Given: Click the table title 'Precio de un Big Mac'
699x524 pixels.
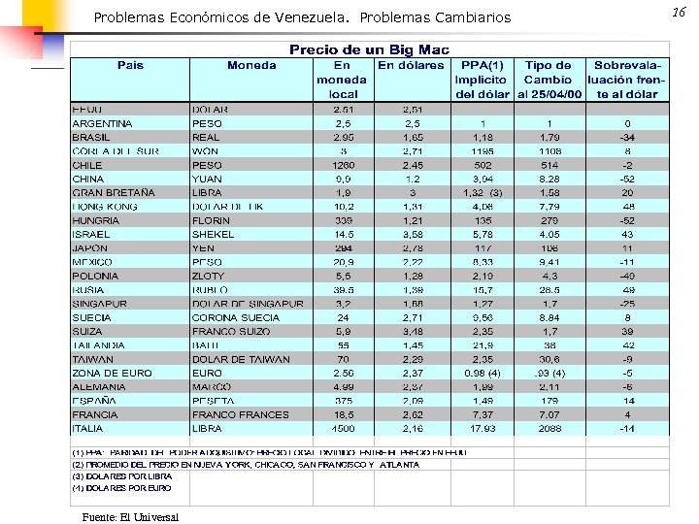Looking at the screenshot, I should (369, 49).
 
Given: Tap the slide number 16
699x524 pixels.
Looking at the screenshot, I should (678, 11).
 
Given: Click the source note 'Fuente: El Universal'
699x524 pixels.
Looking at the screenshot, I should (123, 516).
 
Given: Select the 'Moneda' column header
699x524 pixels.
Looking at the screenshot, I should (251, 65).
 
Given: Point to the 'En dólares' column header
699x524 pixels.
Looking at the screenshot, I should (411, 65).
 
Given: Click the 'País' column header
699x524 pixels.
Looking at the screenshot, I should (130, 65).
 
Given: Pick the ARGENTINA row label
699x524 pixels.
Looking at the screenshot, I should (102, 124).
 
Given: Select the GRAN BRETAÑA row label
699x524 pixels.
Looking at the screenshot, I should (114, 193).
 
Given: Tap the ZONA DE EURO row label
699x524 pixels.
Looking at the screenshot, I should (112, 373).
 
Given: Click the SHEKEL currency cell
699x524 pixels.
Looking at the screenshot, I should (213, 234).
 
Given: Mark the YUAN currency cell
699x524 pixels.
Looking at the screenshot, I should (207, 180).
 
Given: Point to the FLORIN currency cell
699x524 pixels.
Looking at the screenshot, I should (211, 220).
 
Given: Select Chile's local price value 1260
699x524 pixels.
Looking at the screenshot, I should (344, 165).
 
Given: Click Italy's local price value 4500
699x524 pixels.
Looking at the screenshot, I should (344, 428).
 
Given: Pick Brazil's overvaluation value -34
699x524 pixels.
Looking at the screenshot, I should (628, 138).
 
